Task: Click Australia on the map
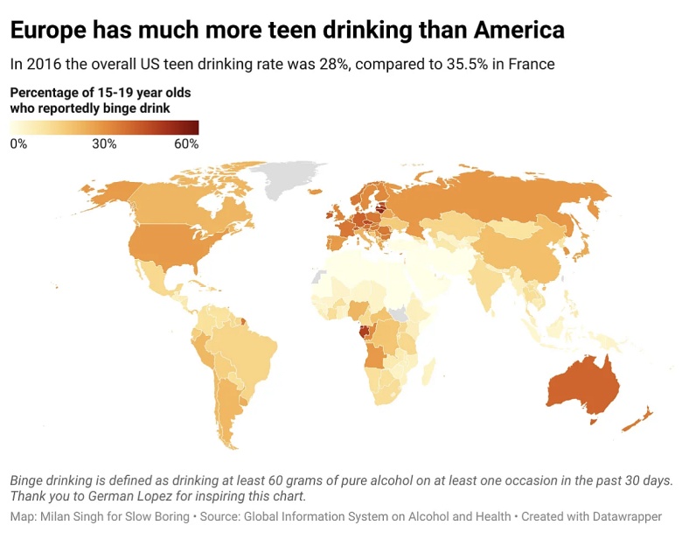click(x=581, y=385)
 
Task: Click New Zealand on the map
click(x=637, y=418)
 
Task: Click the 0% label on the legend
click(x=18, y=144)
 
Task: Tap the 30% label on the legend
click(x=104, y=144)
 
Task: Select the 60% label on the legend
click(x=186, y=144)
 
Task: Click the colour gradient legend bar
click(x=104, y=128)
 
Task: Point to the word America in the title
click(x=518, y=31)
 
